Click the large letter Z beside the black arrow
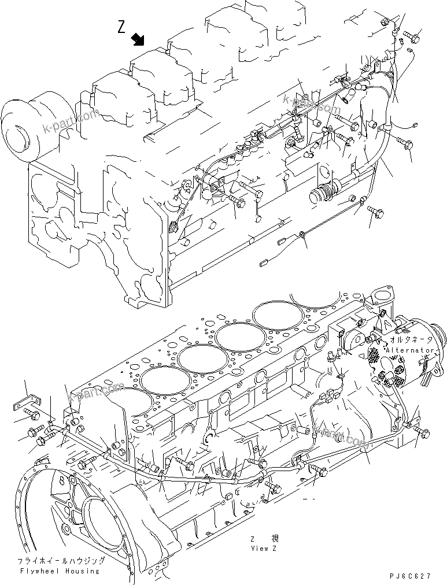(x=121, y=27)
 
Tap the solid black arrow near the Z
(x=138, y=39)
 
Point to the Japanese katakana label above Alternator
(x=411, y=342)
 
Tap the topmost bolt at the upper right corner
(x=413, y=36)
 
